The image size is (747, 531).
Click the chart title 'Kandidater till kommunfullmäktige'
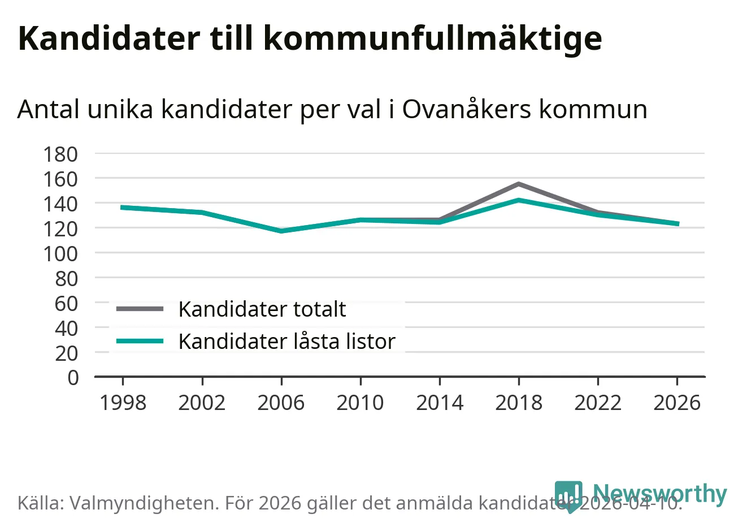tap(310, 38)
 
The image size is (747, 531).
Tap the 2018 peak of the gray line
tap(518, 184)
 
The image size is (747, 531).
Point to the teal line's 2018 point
tap(518, 200)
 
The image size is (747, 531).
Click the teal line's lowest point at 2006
tap(281, 231)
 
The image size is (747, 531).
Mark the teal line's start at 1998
tap(123, 208)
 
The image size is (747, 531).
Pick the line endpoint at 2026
tap(677, 224)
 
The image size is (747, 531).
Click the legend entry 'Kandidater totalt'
tap(262, 309)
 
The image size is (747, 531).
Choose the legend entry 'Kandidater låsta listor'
tap(286, 342)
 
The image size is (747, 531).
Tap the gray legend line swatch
tap(140, 309)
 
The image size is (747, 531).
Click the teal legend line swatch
tap(140, 341)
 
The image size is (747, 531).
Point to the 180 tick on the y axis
tap(60, 154)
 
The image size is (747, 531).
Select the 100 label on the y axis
tap(60, 253)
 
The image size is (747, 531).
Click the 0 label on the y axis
tap(73, 377)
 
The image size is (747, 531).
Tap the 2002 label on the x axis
tap(202, 403)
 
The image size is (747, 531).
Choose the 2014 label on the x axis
tap(439, 403)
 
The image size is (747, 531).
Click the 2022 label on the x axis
tap(598, 403)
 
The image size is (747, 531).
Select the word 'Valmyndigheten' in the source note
tap(144, 503)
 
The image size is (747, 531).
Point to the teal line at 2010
tap(360, 220)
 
